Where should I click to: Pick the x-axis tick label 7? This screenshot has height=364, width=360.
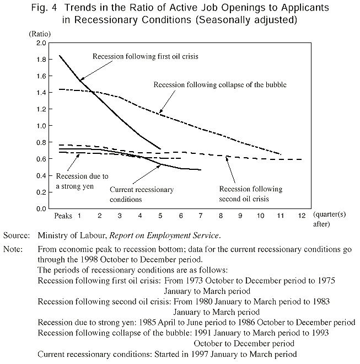tap(200, 215)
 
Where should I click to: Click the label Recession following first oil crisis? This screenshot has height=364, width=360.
tap(145, 56)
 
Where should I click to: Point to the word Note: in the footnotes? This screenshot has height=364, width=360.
tap(13, 249)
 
